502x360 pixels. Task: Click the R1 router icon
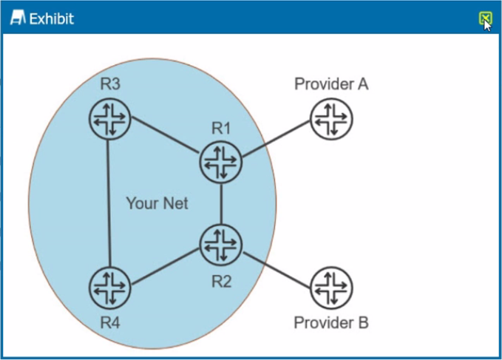(x=221, y=160)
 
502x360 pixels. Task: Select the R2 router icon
(x=221, y=244)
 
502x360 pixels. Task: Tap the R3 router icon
(x=109, y=118)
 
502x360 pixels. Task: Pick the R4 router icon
(x=109, y=287)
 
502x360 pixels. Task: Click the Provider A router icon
(x=330, y=118)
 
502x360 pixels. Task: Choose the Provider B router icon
(x=330, y=287)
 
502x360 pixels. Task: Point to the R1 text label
(x=221, y=128)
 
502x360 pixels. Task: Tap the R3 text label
(x=110, y=84)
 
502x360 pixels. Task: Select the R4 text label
(x=110, y=322)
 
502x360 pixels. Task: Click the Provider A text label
(x=331, y=84)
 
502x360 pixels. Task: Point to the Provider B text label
(x=331, y=322)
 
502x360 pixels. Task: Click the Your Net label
(x=157, y=203)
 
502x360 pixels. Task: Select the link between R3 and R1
(x=165, y=139)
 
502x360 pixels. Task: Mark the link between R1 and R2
(x=221, y=202)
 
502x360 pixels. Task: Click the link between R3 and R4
(x=109, y=203)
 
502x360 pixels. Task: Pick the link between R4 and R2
(x=165, y=265)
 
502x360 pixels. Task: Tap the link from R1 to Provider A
(x=276, y=140)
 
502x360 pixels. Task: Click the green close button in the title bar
(x=485, y=18)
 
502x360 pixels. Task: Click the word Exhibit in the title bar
(x=51, y=18)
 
